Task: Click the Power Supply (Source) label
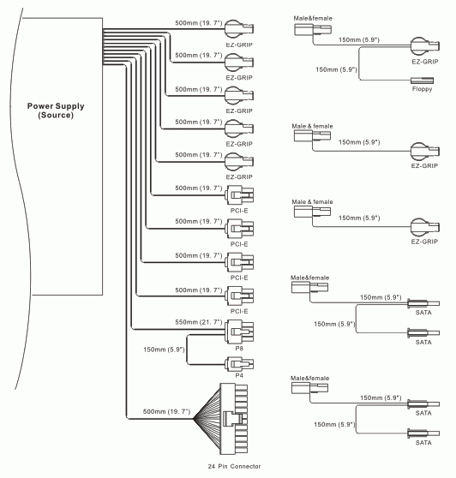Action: click(56, 111)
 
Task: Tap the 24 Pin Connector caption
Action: click(234, 466)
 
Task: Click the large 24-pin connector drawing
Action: click(234, 419)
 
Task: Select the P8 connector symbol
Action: click(239, 332)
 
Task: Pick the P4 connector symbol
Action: click(239, 364)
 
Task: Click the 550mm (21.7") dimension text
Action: click(199, 322)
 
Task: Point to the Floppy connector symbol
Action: click(423, 81)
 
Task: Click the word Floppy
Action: click(423, 89)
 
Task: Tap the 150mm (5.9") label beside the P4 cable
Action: click(164, 350)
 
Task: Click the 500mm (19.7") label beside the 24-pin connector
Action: click(166, 411)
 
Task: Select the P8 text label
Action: click(239, 348)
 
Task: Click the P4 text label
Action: click(239, 375)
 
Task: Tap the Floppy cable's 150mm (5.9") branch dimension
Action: click(336, 69)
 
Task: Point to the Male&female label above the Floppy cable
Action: click(313, 18)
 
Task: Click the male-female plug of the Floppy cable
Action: click(313, 30)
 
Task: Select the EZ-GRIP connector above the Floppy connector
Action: click(425, 46)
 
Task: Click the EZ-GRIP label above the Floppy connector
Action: click(425, 62)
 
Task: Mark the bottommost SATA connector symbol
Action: click(423, 433)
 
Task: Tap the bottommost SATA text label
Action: click(423, 443)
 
